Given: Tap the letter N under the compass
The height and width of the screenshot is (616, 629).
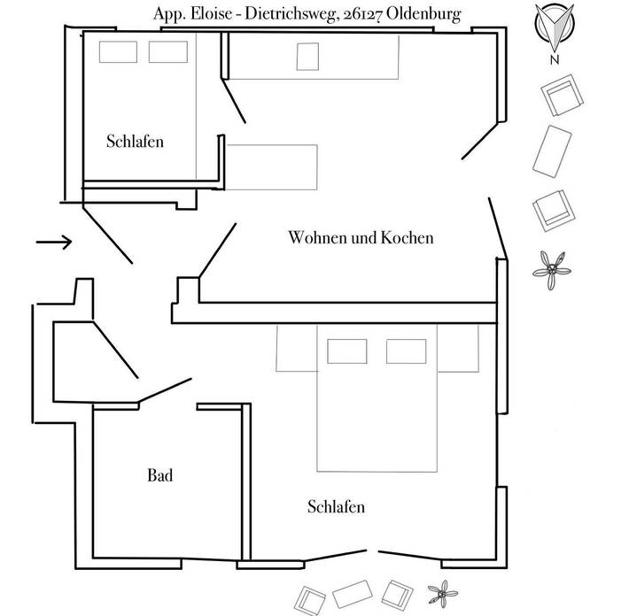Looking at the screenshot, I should click(554, 60).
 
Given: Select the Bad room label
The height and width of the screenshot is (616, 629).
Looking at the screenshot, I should click(159, 476).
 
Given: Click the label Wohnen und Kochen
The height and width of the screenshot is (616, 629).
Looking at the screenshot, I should click(361, 238).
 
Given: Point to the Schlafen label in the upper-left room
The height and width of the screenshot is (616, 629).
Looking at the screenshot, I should click(135, 142).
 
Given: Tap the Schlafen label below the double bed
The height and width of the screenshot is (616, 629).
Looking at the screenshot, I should click(337, 507).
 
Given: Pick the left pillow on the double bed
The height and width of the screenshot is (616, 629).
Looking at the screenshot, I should click(347, 350).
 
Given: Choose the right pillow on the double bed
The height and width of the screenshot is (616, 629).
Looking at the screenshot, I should click(406, 350).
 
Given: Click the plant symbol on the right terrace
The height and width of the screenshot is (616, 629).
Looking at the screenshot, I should click(554, 268).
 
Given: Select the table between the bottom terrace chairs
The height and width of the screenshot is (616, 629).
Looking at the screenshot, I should click(354, 592).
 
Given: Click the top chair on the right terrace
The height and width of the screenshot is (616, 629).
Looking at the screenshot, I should click(561, 96).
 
